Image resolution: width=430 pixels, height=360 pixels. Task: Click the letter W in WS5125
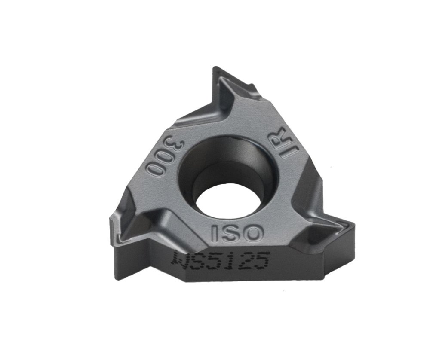tap(180, 259)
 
